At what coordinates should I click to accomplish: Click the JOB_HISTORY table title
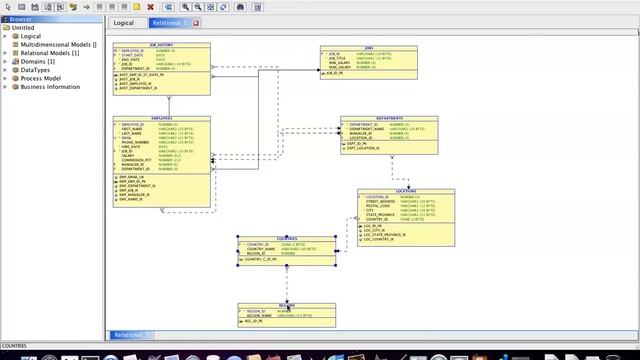(161, 45)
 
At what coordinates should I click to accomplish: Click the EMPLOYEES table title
(161, 118)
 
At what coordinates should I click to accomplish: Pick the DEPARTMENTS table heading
(388, 118)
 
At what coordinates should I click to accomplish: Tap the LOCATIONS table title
(405, 191)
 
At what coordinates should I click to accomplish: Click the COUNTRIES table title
(286, 238)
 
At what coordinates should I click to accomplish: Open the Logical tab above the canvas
(124, 22)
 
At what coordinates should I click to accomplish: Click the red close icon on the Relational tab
(196, 22)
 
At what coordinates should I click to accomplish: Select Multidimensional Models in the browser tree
(58, 45)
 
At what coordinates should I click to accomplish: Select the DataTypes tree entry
(37, 70)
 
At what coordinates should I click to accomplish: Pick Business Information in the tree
(50, 87)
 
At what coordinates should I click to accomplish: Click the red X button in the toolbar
(150, 6)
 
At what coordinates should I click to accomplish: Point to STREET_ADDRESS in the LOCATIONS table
(381, 202)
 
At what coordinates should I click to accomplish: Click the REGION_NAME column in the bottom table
(260, 316)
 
